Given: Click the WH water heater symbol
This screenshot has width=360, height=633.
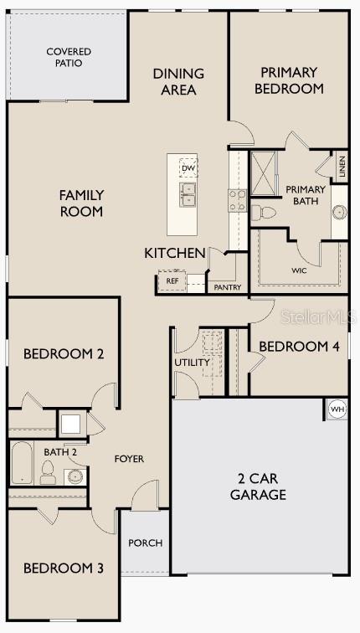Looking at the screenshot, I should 337,409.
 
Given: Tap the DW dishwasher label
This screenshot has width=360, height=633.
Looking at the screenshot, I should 188,168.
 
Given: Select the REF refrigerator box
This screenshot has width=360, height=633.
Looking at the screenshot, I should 172,281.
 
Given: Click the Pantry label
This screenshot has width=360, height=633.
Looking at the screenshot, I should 228,287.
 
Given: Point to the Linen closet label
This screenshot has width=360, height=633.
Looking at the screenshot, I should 342,167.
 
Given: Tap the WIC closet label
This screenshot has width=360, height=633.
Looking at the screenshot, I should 299,270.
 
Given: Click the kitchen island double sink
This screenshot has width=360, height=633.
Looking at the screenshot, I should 188,195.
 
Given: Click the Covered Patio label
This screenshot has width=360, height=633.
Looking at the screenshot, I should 69,57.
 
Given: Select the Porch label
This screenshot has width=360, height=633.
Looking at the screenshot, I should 145,543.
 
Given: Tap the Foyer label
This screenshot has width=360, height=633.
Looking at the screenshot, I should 129,459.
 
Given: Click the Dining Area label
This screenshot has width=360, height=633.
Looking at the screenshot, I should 178,81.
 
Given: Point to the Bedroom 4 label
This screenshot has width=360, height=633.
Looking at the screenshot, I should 299,346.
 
